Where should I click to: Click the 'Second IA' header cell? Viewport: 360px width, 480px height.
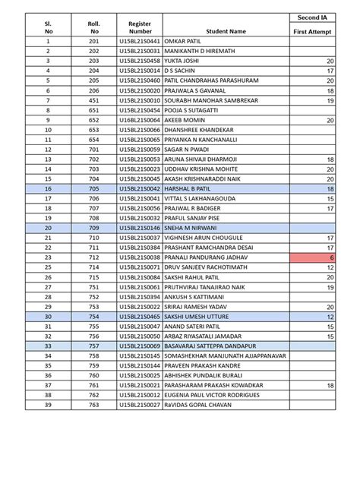(313, 16)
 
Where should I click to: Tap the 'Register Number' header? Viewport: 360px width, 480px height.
(140, 27)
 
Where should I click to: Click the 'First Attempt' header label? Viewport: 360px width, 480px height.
(313, 31)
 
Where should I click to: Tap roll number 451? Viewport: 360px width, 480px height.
(95, 99)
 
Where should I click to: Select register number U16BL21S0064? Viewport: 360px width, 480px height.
(140, 119)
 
